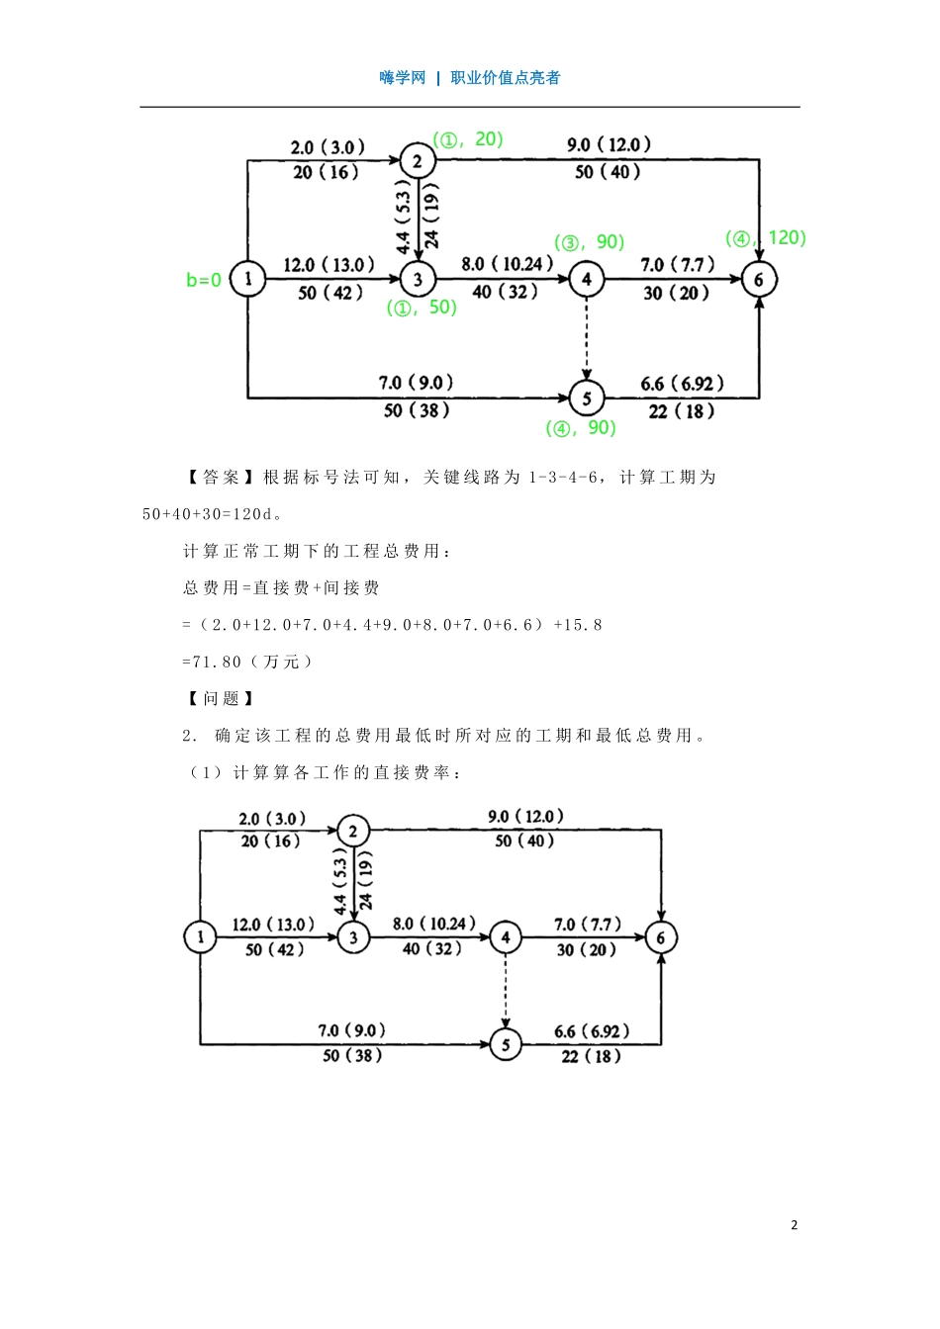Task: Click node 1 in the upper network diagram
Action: (x=247, y=280)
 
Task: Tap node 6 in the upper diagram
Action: (x=759, y=280)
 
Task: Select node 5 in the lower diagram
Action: (x=506, y=1044)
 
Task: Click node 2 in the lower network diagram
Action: (x=353, y=831)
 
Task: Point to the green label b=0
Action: (x=204, y=281)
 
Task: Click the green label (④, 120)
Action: (x=766, y=238)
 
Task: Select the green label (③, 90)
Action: (x=590, y=243)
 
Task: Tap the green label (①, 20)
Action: (x=468, y=140)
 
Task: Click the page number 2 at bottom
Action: (x=794, y=1225)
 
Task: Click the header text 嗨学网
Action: (x=402, y=78)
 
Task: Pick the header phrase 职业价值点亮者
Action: (x=506, y=78)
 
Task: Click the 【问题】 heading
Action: (x=220, y=699)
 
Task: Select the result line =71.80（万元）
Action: (x=247, y=663)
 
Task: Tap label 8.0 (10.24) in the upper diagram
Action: (x=507, y=265)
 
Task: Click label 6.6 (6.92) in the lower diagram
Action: (x=591, y=1032)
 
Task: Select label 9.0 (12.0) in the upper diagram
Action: (x=609, y=145)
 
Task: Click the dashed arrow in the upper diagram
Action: (x=587, y=336)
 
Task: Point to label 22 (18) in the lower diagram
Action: (x=591, y=1057)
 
